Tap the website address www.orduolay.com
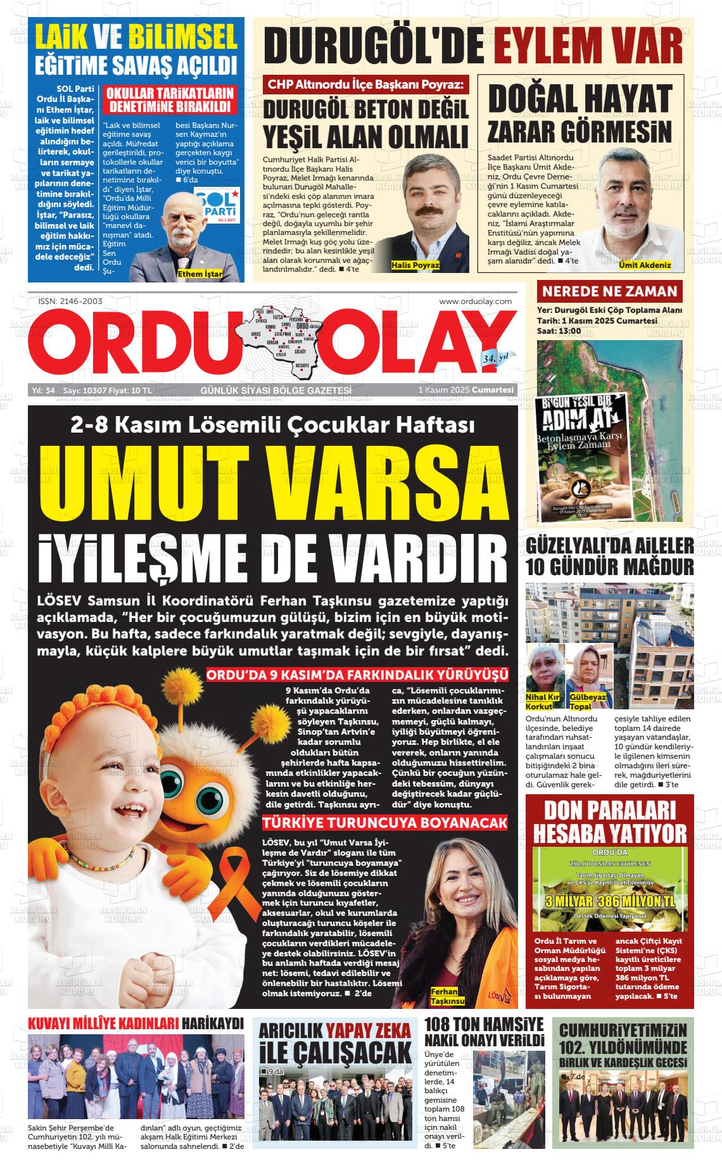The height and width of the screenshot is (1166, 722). coord(475,301)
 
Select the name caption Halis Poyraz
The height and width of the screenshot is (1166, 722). coord(415,265)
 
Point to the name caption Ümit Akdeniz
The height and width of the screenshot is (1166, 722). coord(645,265)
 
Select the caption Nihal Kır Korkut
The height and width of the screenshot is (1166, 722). coord(543,701)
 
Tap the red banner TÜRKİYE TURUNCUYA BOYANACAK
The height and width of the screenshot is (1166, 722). coord(386,823)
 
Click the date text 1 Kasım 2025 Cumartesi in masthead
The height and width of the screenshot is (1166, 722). coord(465,390)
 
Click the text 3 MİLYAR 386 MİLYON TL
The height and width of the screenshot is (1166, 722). coord(610,901)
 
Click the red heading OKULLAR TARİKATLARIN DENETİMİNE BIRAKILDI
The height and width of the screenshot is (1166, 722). coord(170,101)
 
